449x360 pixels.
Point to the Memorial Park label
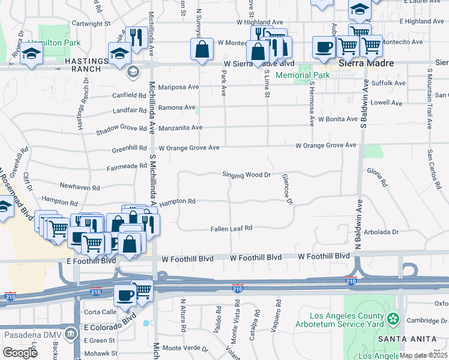coord(303,76)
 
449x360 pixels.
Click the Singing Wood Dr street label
coord(247,175)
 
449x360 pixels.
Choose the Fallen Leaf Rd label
coord(232,229)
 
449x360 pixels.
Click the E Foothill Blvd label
coord(91,260)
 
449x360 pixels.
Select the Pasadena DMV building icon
coord(71,332)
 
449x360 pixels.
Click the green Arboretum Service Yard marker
coord(393,317)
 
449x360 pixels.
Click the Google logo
coord(20,353)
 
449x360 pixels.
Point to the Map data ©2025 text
coord(423,355)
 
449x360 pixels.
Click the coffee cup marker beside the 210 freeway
coord(125,295)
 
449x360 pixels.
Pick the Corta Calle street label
coord(100,312)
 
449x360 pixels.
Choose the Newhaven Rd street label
coord(79,188)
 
